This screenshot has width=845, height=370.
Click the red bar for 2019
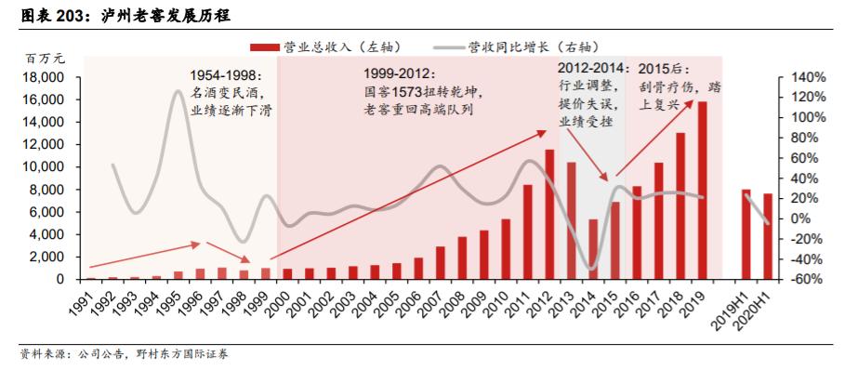pyautogui.click(x=703, y=191)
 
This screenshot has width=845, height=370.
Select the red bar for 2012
pyautogui.click(x=549, y=215)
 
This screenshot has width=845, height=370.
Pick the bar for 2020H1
pyautogui.click(x=768, y=236)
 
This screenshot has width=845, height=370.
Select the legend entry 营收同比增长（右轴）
pyautogui.click(x=515, y=46)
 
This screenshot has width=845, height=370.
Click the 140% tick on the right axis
pyautogui.click(x=806, y=77)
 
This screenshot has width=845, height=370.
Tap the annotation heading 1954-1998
pyautogui.click(x=226, y=74)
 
